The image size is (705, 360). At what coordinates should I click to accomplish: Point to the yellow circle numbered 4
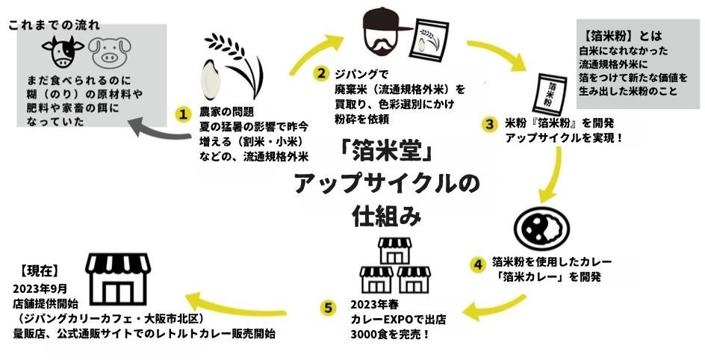click(x=477, y=263)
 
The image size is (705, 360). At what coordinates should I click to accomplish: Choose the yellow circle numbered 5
click(x=327, y=308)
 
